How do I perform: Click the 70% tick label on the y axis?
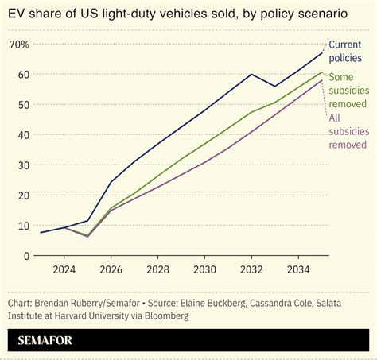[x=19, y=45]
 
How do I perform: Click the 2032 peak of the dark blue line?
[x=252, y=75]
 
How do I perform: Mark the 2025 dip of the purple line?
[x=88, y=237]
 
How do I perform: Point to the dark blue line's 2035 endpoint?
[x=322, y=52]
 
